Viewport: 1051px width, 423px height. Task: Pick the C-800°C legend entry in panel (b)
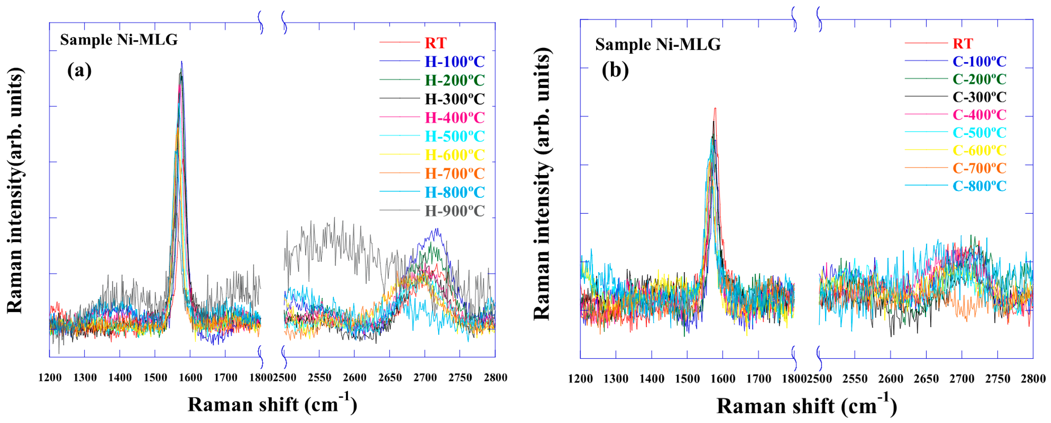979,186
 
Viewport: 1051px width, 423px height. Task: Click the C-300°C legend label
979,97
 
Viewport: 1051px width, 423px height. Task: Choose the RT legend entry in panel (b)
963,43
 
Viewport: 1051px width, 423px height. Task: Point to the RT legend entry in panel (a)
435,43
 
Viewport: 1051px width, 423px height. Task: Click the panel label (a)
79,70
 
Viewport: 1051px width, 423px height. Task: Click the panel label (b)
615,70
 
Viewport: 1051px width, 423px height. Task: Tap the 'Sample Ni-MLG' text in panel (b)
658,44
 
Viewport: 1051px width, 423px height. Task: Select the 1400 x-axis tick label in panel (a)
120,378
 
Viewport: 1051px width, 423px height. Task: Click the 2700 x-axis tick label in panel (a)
425,378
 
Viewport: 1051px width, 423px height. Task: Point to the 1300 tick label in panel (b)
616,379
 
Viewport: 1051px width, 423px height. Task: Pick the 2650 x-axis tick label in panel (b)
926,379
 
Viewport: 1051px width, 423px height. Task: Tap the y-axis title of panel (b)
542,183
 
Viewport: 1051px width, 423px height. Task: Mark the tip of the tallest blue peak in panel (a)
181,62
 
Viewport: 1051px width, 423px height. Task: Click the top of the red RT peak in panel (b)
715,108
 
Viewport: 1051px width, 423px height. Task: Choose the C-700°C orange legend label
979,168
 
